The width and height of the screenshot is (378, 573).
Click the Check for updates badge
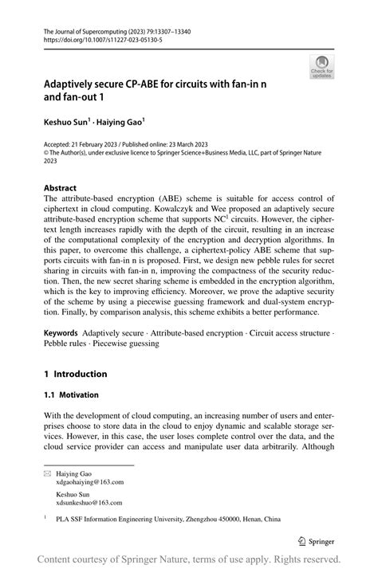pyautogui.click(x=321, y=67)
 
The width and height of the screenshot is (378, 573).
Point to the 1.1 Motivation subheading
pyautogui.click(x=72, y=394)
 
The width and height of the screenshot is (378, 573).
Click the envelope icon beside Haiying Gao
pyautogui.click(x=47, y=473)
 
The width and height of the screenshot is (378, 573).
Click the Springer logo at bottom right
pyautogui.click(x=315, y=541)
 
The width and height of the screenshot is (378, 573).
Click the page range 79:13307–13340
pyautogui.click(x=163, y=30)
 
